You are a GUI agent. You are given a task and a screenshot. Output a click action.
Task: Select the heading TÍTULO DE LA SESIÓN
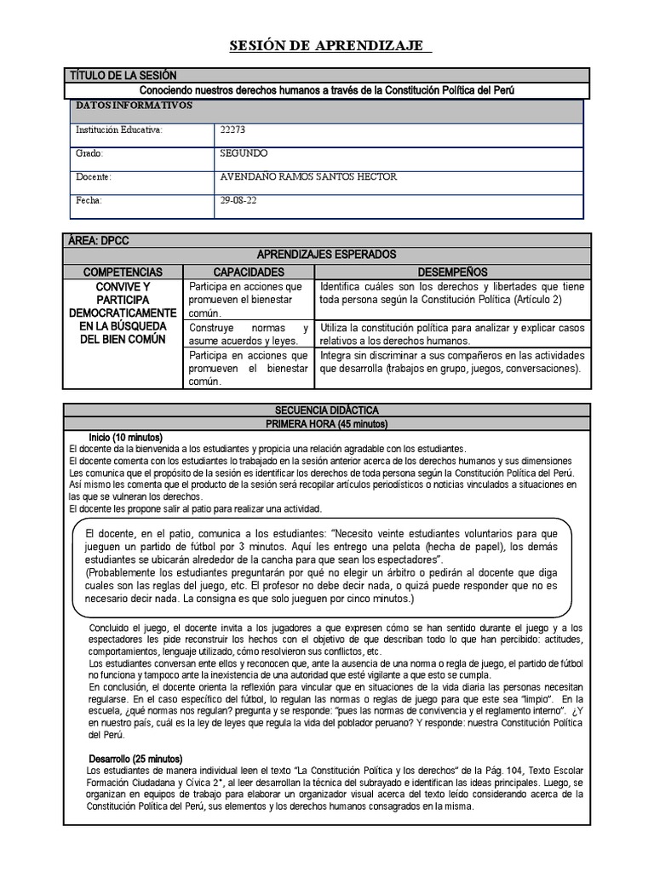[x=123, y=76]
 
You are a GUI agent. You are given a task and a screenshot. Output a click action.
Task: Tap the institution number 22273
[x=232, y=130]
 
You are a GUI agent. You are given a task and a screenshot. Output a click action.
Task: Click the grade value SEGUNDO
[x=244, y=153]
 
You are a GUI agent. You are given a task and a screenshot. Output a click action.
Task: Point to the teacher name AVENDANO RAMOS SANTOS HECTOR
[x=307, y=177]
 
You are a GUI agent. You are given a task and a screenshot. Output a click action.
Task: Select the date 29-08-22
[x=238, y=200]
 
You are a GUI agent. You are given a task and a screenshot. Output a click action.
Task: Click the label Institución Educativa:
[x=118, y=130]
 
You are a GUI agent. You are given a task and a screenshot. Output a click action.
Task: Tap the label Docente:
[x=94, y=177]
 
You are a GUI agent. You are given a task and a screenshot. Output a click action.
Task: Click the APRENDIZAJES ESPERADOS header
[x=327, y=255]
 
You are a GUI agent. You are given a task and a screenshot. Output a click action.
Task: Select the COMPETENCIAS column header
[x=123, y=271]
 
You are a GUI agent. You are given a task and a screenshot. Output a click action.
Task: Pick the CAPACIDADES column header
[x=248, y=271]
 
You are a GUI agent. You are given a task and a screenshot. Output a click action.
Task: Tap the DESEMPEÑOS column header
[x=451, y=271]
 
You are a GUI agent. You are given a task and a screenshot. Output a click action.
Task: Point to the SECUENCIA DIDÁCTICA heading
[x=327, y=410]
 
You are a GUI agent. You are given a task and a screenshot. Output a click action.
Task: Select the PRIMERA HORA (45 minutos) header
[x=327, y=423]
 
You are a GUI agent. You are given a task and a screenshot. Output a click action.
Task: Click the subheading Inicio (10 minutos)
[x=125, y=437]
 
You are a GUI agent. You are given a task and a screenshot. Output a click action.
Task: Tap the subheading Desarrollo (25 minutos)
[x=135, y=759]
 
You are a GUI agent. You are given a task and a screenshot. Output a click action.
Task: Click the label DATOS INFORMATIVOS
[x=135, y=106]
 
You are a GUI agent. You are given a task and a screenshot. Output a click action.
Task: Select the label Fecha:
[x=89, y=200]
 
